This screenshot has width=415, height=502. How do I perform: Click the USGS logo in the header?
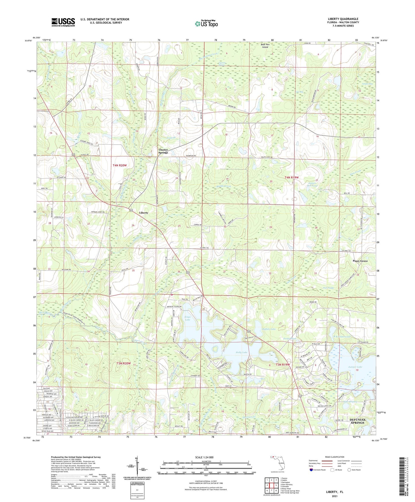click(63, 22)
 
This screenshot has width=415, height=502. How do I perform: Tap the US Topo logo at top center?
click(206, 24)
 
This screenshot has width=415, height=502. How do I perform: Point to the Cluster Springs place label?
click(163, 151)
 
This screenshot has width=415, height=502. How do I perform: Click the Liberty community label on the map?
click(144, 213)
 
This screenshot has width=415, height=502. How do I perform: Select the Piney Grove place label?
click(360, 261)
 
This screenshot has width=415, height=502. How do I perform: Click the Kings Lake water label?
click(187, 318)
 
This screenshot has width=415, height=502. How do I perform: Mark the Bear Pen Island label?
click(265, 46)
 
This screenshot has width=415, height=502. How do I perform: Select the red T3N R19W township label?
click(283, 365)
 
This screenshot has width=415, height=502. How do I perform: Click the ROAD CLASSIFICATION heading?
click(327, 457)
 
